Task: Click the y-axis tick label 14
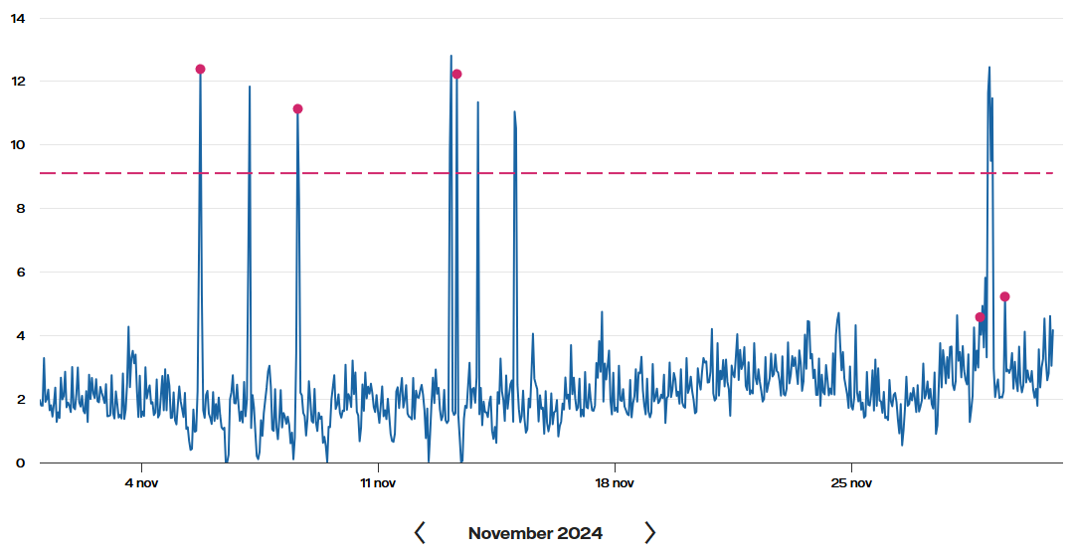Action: point(19,18)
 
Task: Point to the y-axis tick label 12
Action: point(19,82)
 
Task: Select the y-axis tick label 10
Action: point(19,145)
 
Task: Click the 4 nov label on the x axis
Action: point(141,483)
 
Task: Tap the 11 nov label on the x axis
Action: point(378,483)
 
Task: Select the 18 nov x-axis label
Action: point(615,483)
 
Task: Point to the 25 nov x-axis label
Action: point(851,483)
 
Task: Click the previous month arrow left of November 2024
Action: point(420,533)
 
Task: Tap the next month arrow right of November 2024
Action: point(650,533)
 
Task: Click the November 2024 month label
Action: point(535,533)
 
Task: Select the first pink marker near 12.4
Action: point(200,70)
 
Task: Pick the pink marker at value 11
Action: point(297,109)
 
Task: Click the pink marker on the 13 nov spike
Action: point(456,75)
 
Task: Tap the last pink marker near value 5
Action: point(1004,297)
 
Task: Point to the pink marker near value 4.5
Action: point(981,317)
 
